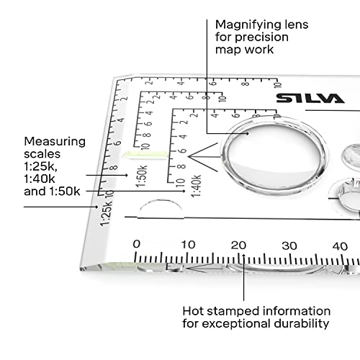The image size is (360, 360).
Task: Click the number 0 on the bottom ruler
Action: tap(137, 245)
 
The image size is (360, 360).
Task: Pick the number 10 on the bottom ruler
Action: tap(188, 245)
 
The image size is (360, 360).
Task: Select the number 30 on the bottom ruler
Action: tap(289, 245)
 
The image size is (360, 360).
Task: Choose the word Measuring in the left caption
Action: tap(54, 141)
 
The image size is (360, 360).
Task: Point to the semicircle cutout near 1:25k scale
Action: tap(159, 210)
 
